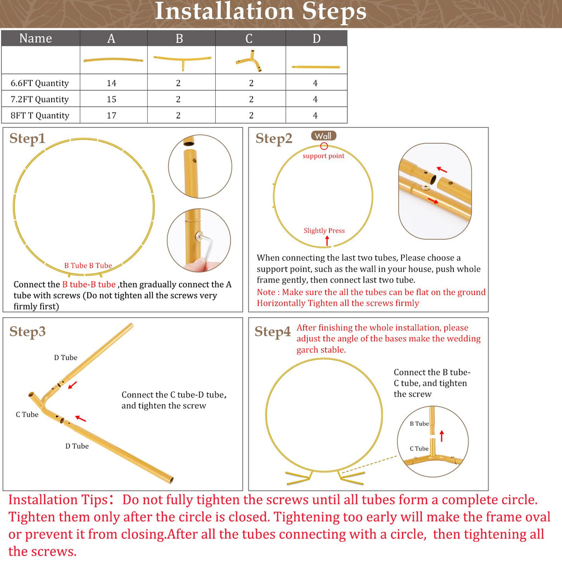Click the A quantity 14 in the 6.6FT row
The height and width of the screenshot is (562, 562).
[111, 83]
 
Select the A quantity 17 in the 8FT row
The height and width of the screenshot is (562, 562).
[111, 115]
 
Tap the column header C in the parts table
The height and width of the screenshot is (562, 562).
[249, 38]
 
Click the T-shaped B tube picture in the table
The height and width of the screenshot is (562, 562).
[182, 61]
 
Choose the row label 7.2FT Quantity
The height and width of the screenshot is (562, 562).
[40, 99]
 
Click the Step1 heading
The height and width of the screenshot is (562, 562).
[27, 138]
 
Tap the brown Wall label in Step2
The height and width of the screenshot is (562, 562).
[324, 136]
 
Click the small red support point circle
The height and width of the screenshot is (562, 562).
[324, 146]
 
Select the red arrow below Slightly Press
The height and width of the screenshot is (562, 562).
[327, 241]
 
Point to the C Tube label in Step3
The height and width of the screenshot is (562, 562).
[27, 415]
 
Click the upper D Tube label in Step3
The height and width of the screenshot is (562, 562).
[66, 358]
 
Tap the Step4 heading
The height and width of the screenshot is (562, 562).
[272, 331]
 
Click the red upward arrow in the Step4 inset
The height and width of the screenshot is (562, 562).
[442, 436]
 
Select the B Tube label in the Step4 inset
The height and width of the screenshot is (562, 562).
[419, 424]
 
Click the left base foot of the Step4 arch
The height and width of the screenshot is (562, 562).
[299, 478]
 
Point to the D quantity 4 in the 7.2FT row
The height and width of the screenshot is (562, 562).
[315, 99]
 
